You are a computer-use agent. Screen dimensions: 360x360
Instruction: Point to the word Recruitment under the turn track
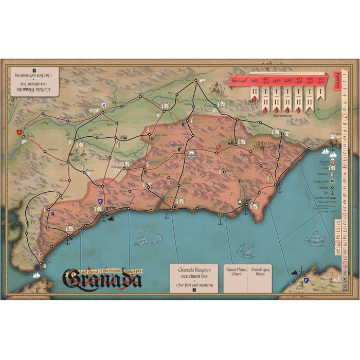[x=283, y=116]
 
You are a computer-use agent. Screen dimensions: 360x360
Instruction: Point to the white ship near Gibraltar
[x=37, y=274]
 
